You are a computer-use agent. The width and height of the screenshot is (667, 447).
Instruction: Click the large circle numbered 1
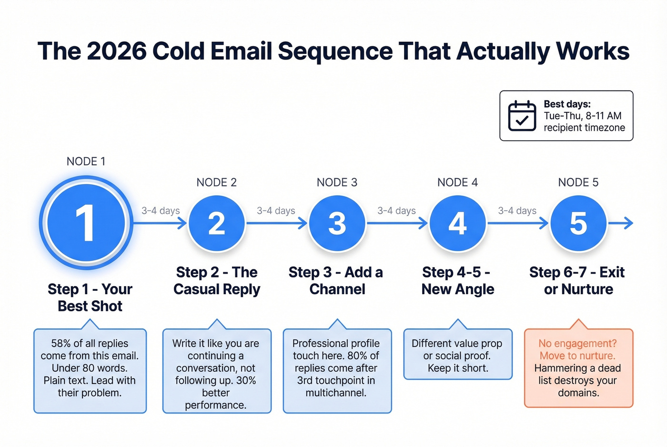[x=86, y=223]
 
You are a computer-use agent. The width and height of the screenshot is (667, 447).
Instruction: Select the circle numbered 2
[x=217, y=223]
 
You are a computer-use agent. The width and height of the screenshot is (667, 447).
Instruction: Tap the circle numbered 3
[x=337, y=223]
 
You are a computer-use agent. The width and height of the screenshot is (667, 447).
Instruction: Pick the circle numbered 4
[x=458, y=223]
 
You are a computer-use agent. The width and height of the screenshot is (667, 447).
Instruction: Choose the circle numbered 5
[x=578, y=223]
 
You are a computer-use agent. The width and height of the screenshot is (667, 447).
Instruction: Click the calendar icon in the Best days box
[x=522, y=116]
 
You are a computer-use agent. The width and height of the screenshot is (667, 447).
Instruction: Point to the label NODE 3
[x=337, y=182]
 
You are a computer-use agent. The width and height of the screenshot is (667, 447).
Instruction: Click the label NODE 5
[x=578, y=182]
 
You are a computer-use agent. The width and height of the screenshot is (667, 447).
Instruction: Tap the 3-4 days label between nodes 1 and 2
[x=161, y=210]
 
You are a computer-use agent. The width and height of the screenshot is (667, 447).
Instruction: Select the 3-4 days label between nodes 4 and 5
[x=517, y=210]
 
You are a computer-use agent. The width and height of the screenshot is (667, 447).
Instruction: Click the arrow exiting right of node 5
[x=622, y=223]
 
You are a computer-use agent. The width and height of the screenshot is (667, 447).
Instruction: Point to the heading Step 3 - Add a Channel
[x=336, y=280]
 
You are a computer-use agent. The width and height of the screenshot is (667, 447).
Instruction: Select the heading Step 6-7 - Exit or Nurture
[x=577, y=280]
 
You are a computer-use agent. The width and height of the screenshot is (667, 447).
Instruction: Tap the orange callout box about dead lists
[x=578, y=368]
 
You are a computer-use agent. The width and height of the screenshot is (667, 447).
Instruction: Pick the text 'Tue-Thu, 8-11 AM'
[x=582, y=116]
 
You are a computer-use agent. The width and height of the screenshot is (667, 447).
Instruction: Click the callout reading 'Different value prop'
[x=458, y=355]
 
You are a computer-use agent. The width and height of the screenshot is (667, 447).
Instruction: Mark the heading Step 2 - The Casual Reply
[x=217, y=280]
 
